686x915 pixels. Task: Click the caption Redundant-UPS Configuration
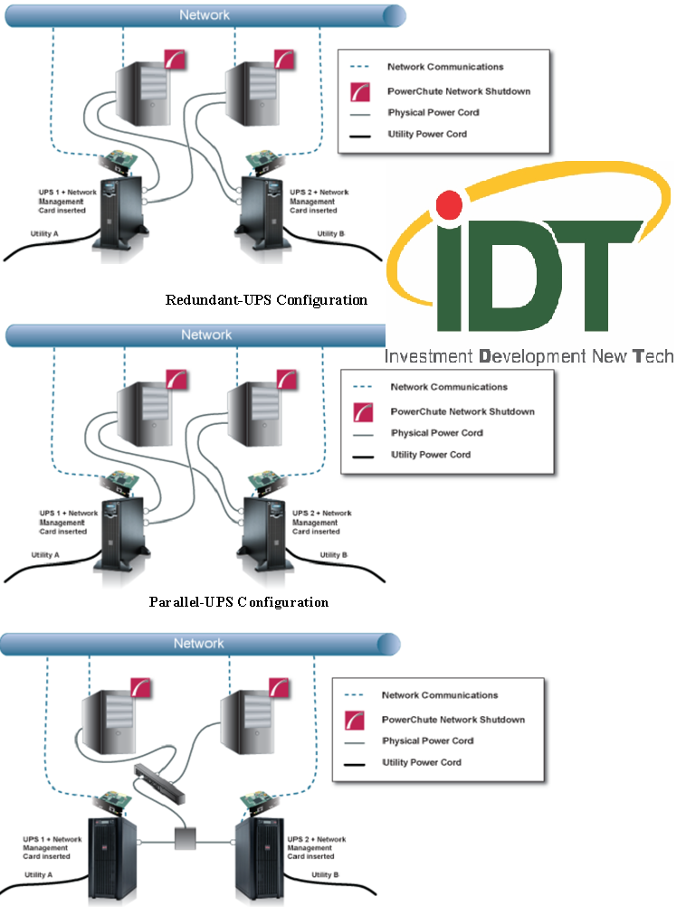(x=266, y=300)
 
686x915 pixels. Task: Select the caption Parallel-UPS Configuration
(x=239, y=602)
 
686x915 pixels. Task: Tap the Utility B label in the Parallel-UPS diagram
(x=332, y=554)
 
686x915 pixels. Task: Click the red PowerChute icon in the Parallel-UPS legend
(x=363, y=412)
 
